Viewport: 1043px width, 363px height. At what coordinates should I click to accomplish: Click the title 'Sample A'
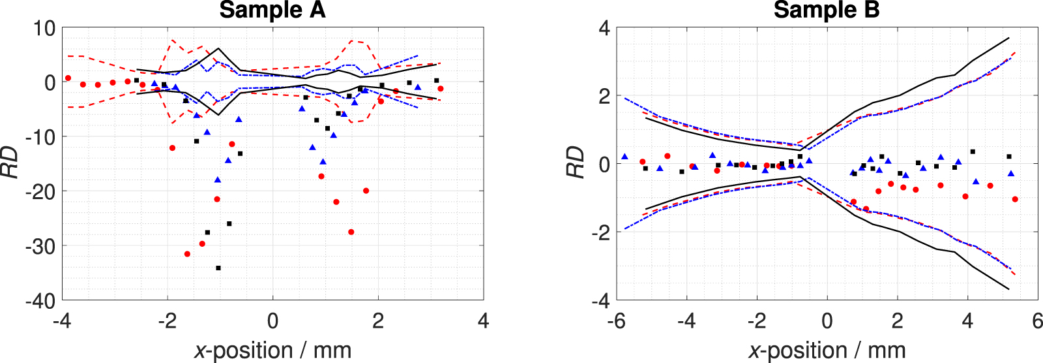point(272,10)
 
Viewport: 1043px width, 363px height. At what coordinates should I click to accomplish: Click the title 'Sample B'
point(827,10)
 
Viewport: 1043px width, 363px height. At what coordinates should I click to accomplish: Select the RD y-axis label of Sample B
point(575,163)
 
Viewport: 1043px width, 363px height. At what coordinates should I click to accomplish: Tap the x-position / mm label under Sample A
point(272,351)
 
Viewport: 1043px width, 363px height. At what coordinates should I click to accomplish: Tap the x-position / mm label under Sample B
point(827,351)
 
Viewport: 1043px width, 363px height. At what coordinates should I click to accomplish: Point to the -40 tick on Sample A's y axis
point(40,301)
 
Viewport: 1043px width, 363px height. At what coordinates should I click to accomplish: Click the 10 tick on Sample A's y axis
point(45,28)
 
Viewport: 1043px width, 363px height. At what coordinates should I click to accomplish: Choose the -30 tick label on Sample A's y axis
point(40,246)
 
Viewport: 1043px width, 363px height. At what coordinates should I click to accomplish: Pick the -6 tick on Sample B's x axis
point(617,321)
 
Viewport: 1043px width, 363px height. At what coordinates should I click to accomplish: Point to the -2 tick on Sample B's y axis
point(600,232)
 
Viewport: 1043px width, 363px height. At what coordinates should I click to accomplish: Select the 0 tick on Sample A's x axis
point(272,321)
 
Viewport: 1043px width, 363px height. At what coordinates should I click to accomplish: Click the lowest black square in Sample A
point(218,268)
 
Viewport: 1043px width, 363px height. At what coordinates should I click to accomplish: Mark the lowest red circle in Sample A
point(188,254)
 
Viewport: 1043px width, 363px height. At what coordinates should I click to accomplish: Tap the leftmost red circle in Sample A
point(68,78)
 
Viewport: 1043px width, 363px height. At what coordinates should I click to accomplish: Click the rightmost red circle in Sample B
point(1015,199)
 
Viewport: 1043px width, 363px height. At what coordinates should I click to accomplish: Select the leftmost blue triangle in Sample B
point(624,157)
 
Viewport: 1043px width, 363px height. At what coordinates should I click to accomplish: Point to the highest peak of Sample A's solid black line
point(218,49)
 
